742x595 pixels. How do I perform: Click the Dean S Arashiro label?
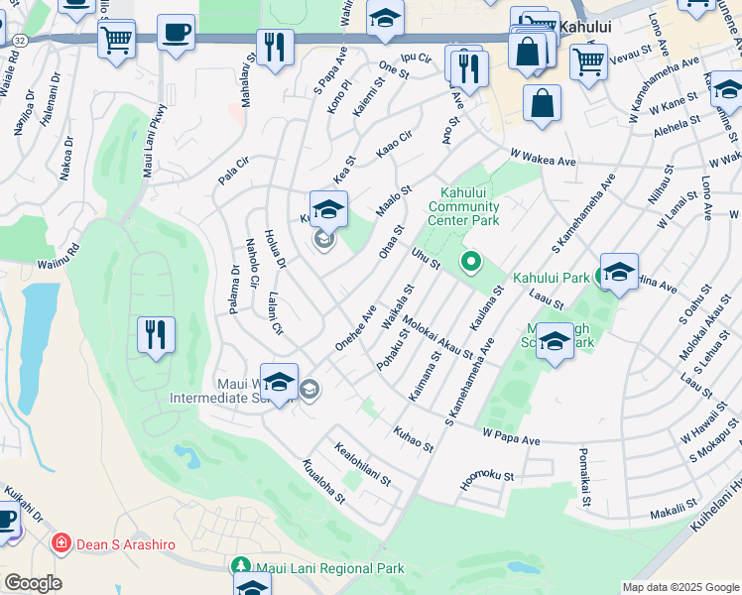click(x=121, y=543)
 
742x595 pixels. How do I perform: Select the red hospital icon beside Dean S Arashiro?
click(x=61, y=543)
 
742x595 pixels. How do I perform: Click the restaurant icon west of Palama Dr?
click(x=156, y=334)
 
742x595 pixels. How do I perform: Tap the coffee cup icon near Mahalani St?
click(x=176, y=32)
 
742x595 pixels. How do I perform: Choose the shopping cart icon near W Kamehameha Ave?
click(x=588, y=62)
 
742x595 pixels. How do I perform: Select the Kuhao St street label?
click(x=414, y=439)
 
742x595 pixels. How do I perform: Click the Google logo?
click(x=33, y=582)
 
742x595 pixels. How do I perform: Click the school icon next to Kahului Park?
click(x=619, y=272)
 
